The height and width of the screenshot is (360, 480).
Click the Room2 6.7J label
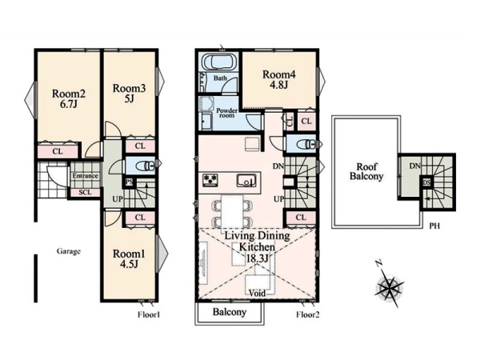pyautogui.click(x=69, y=98)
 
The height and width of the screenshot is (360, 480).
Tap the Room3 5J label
pyautogui.click(x=129, y=94)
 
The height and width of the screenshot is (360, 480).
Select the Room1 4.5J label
pyautogui.click(x=129, y=258)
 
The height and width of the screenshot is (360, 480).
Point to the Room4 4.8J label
pyautogui.click(x=279, y=79)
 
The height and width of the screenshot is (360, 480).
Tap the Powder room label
pyautogui.click(x=227, y=113)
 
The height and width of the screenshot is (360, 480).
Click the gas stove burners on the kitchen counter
pyautogui.click(x=210, y=179)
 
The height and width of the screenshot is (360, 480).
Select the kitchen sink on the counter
pyautogui.click(x=246, y=180)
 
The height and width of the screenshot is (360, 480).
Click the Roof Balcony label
pyautogui.click(x=366, y=172)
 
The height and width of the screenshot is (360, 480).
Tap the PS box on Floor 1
pyautogui.click(x=129, y=182)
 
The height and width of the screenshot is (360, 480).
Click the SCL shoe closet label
pyautogui.click(x=85, y=192)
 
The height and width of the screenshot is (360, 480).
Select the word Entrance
pyautogui.click(x=86, y=176)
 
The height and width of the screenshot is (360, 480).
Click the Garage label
pyautogui.click(x=69, y=252)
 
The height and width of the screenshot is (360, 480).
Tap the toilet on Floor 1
pyautogui.click(x=145, y=165)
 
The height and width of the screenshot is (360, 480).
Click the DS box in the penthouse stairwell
pyautogui.click(x=426, y=182)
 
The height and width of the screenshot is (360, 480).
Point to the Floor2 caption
pyautogui.click(x=308, y=314)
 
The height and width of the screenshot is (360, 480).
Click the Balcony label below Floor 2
pyautogui.click(x=230, y=312)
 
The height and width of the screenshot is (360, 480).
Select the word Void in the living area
pyautogui.click(x=257, y=293)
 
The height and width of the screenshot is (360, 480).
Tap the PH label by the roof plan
pyautogui.click(x=434, y=226)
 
